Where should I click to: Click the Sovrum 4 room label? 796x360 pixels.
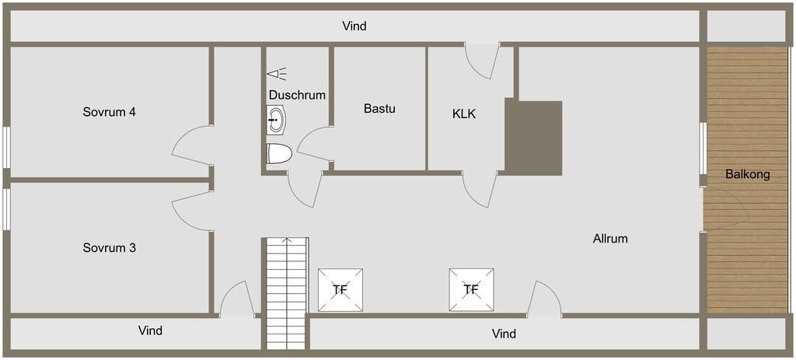(x=110, y=112)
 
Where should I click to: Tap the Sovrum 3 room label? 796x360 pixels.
(x=110, y=248)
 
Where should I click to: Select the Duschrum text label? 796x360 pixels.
(x=297, y=95)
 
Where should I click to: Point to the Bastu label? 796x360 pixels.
(x=379, y=109)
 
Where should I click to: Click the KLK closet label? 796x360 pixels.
(x=464, y=114)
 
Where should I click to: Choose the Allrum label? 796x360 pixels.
(x=610, y=239)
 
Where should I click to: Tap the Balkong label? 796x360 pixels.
(x=748, y=174)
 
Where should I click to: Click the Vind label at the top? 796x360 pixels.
(x=354, y=26)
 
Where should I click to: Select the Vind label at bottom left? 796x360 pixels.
(x=150, y=330)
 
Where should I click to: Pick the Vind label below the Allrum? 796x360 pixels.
(x=504, y=334)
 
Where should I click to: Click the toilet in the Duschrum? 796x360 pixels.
(x=278, y=153)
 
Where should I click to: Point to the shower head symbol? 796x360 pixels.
(x=277, y=74)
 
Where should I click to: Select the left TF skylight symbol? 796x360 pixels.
(x=340, y=290)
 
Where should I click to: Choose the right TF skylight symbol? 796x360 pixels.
(x=471, y=290)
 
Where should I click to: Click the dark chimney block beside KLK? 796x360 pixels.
(x=534, y=137)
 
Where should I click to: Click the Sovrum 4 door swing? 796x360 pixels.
(x=190, y=145)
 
